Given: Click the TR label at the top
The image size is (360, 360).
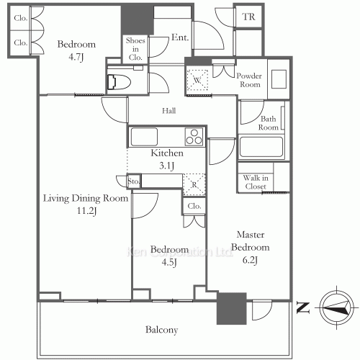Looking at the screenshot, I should [x=248, y=17].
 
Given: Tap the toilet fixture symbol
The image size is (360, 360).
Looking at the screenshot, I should [x=117, y=81].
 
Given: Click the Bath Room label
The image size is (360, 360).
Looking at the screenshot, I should [x=269, y=123].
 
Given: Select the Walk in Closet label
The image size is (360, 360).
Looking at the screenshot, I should [x=255, y=181].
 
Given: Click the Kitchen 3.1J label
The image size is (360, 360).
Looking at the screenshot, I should [x=166, y=159].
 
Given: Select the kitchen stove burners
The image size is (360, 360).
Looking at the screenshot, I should [x=194, y=135].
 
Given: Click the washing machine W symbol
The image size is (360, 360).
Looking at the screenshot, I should [x=197, y=79].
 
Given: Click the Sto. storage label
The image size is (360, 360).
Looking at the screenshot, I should [x=133, y=181].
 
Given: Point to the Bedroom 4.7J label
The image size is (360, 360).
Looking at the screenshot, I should [x=77, y=50].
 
